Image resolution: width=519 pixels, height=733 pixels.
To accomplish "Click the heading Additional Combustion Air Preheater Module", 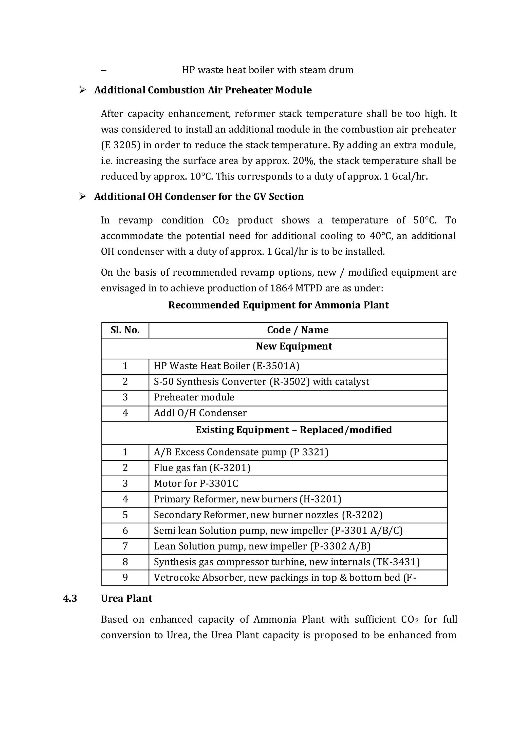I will [203, 90].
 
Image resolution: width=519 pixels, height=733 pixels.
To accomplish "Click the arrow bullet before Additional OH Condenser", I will [82, 196].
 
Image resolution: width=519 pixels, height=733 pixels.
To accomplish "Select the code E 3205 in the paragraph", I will [120, 145].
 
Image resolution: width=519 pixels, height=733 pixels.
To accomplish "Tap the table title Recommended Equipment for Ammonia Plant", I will [278, 305].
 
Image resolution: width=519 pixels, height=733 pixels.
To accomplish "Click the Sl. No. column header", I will [125, 330].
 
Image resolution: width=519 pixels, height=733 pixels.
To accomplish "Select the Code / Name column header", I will [298, 330].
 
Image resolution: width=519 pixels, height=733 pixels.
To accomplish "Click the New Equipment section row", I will [294, 347].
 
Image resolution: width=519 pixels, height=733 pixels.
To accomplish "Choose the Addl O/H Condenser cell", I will [200, 413].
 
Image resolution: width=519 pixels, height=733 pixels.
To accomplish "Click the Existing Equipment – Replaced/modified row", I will [294, 430].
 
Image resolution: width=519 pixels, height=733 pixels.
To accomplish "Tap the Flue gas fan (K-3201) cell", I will [202, 468].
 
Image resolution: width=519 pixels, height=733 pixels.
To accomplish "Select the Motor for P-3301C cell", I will [196, 484].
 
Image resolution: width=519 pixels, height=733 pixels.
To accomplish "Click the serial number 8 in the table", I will [125, 562].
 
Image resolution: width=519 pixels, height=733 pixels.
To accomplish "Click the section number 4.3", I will [70, 599].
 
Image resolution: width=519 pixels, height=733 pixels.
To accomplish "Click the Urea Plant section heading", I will [126, 599].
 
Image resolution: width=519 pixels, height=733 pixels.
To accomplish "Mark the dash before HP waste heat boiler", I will [104, 70].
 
